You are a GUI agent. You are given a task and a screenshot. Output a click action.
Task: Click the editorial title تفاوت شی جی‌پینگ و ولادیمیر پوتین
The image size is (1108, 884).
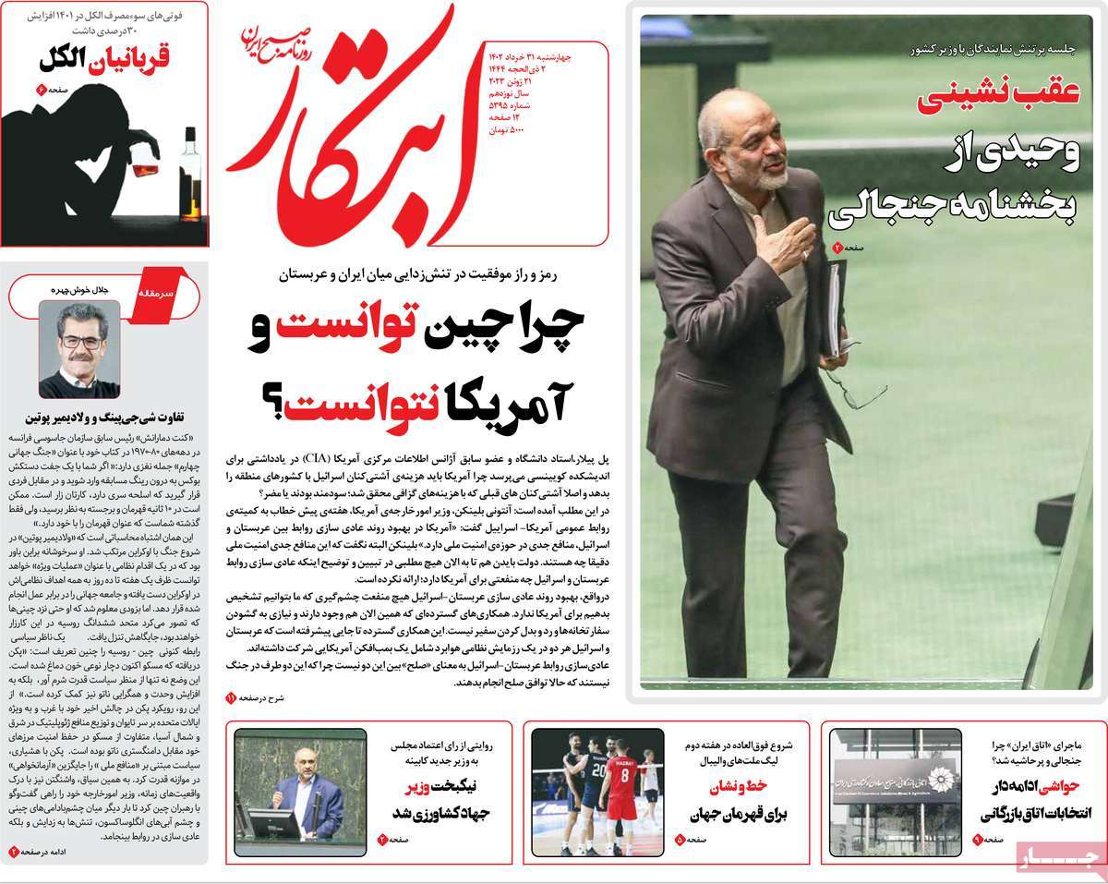[x=106, y=417]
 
